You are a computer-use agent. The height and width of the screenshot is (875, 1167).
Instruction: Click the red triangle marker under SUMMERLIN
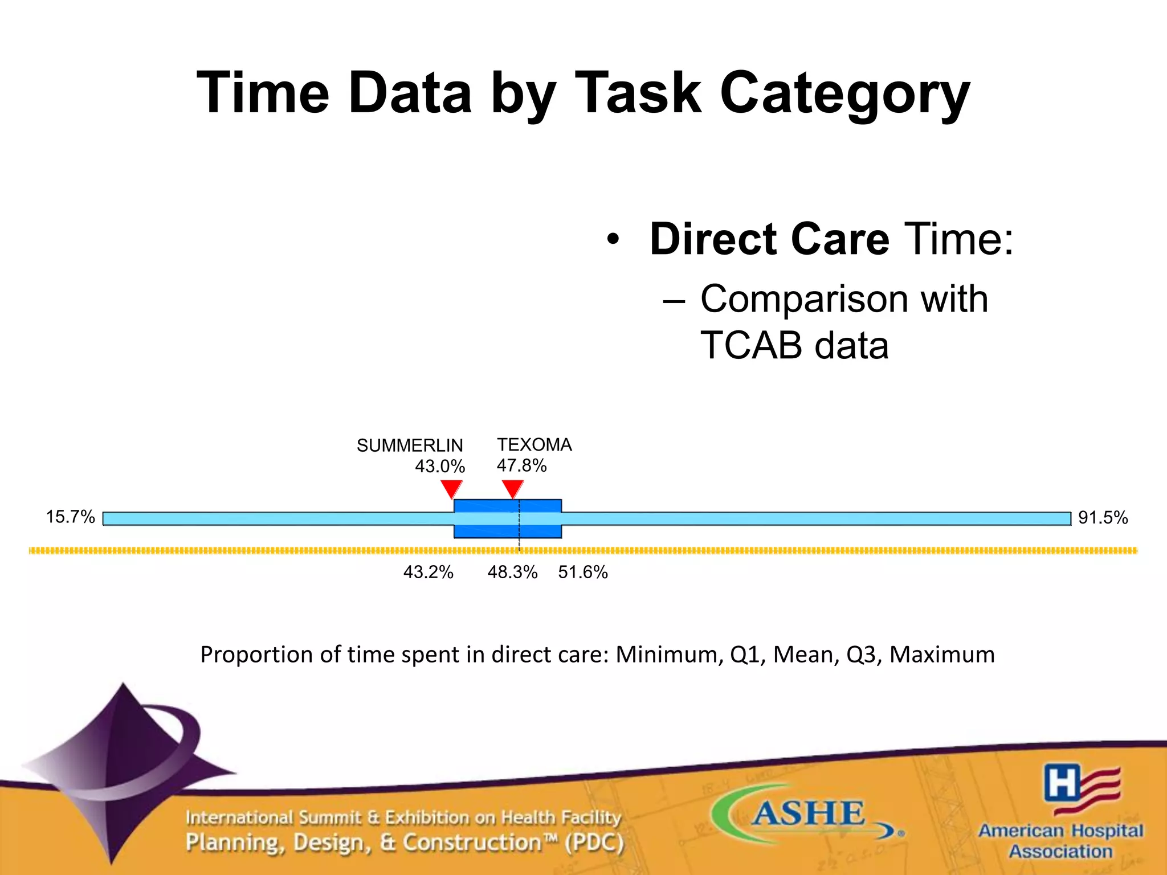[x=451, y=488]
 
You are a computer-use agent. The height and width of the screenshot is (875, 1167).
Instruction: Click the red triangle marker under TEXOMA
[x=513, y=488]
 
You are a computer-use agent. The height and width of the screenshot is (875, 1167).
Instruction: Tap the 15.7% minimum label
[x=70, y=517]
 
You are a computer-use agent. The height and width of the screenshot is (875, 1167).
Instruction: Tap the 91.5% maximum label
[x=1103, y=517]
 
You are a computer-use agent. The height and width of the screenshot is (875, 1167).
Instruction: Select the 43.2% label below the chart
[x=428, y=571]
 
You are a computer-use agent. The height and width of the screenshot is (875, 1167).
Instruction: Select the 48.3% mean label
[x=512, y=571]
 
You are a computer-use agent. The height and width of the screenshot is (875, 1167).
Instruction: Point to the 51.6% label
[x=583, y=571]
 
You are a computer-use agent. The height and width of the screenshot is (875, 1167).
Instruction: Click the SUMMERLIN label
[x=410, y=445]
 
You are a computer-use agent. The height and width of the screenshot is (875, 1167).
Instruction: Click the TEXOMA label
[x=534, y=444]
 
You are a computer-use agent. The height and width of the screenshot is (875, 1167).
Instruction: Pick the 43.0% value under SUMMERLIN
[x=440, y=466]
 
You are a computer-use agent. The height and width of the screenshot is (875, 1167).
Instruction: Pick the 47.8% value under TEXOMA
[x=521, y=465]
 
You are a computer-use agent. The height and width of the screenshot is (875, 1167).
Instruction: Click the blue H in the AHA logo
[x=1062, y=782]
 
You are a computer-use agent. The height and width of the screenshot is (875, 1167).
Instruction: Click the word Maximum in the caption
[x=942, y=654]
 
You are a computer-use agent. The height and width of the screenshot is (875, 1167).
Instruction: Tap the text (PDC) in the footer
[x=594, y=842]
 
